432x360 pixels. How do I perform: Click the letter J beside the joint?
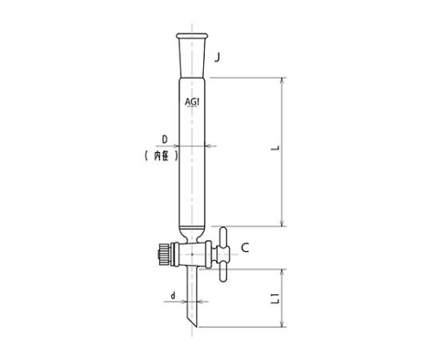218,58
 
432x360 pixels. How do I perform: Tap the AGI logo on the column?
192,102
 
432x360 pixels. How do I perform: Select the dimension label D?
165,140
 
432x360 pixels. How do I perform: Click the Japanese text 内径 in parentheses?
162,155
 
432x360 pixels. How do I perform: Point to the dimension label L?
276,148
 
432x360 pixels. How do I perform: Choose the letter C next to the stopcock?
245,248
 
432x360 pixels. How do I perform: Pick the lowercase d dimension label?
173,295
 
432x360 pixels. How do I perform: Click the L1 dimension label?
276,299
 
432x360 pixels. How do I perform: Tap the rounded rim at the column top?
192,36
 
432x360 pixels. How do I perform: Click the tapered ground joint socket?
192,58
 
